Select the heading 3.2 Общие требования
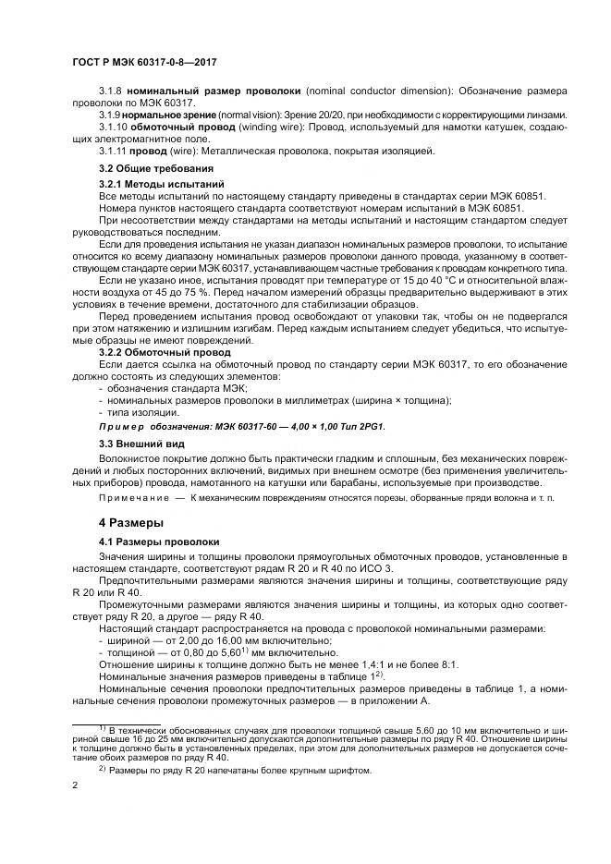[156, 168]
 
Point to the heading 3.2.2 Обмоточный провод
[165, 352]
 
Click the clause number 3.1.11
[113, 150]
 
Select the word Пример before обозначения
[121, 426]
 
